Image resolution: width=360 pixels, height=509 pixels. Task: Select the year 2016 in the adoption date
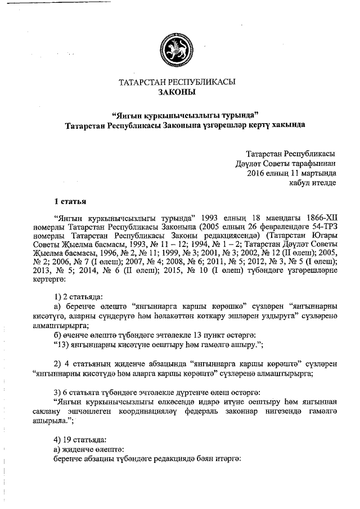tap(256, 173)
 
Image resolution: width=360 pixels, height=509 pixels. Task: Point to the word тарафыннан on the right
tap(310, 163)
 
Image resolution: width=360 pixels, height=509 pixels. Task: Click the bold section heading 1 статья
tap(70, 201)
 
